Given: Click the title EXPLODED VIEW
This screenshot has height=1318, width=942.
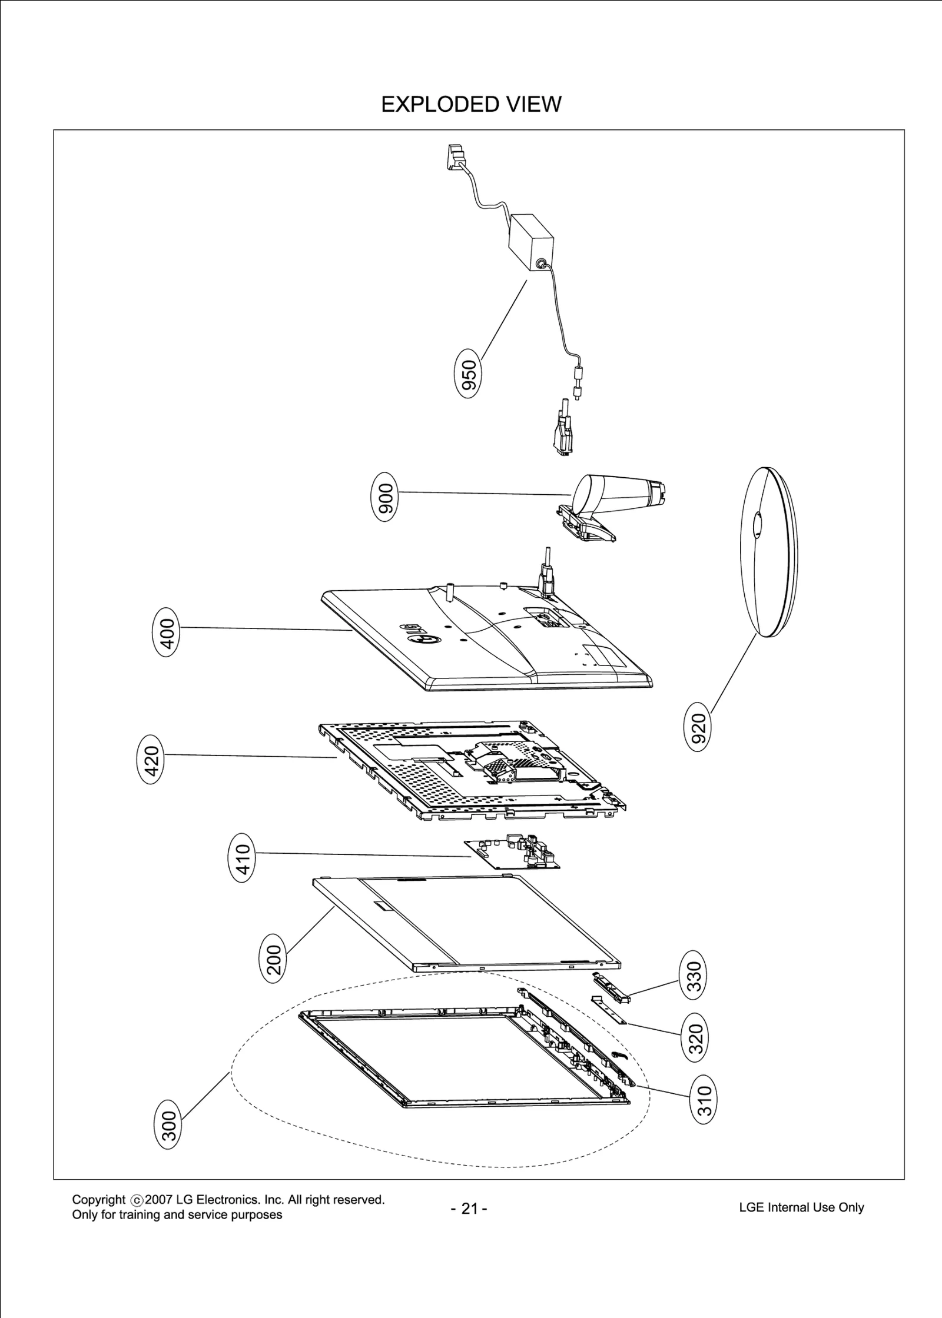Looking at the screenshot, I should (x=471, y=104).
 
